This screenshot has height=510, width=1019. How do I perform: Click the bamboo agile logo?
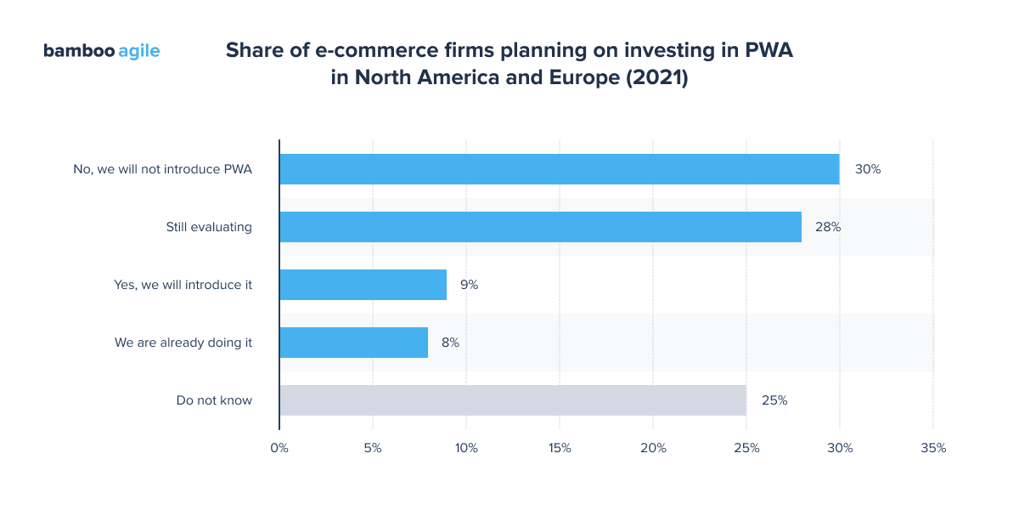click(x=101, y=51)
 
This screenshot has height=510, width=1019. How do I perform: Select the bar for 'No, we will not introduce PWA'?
click(x=559, y=169)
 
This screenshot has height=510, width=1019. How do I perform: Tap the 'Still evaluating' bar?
click(x=540, y=227)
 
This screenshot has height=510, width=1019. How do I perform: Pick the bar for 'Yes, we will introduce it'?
click(x=363, y=285)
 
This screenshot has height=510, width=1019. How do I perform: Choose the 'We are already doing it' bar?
click(x=353, y=343)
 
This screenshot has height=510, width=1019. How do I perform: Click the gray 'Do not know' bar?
click(x=512, y=400)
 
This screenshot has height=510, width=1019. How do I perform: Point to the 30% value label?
click(x=868, y=169)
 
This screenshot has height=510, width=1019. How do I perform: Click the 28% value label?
click(x=828, y=227)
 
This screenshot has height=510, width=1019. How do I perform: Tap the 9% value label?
click(x=469, y=285)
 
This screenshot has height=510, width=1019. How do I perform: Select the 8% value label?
click(x=450, y=343)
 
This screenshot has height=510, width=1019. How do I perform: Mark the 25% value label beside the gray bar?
click(x=774, y=400)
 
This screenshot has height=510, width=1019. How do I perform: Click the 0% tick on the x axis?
click(x=279, y=448)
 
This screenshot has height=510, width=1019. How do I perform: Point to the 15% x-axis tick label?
click(x=560, y=448)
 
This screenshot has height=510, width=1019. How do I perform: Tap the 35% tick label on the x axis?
click(x=933, y=448)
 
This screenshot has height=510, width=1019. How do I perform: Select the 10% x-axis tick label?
click(x=466, y=448)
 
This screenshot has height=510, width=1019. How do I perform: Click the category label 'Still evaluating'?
click(x=209, y=227)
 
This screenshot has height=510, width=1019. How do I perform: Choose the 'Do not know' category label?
click(x=214, y=400)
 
